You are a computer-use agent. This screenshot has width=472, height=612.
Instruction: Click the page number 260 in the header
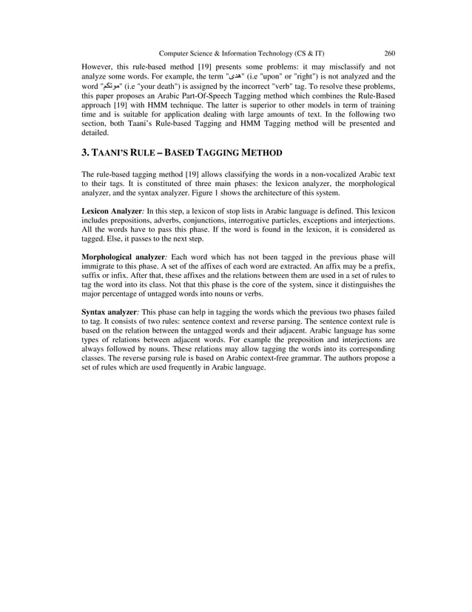[389, 53]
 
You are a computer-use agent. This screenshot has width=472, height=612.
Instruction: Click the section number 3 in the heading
[85, 153]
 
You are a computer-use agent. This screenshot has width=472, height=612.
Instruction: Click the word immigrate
[101, 265]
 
